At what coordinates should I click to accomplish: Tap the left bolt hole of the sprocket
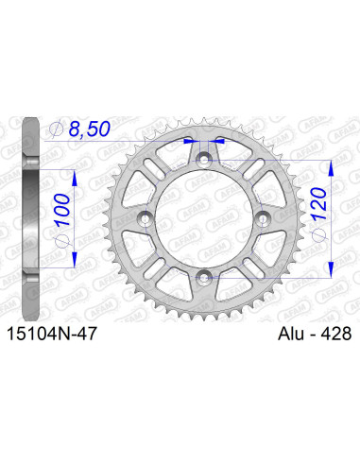[145, 218]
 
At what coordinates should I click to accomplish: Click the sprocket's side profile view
[28, 218]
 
